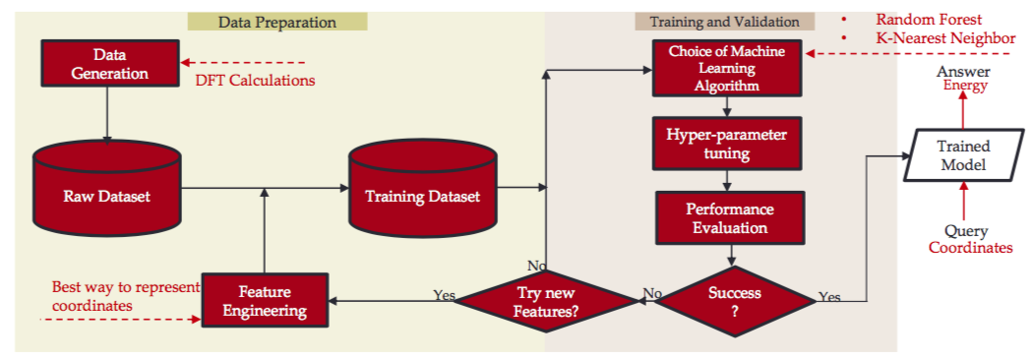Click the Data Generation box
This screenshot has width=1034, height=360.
point(109,62)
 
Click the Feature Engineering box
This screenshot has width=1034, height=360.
point(265,300)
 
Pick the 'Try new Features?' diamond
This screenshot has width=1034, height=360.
point(547,300)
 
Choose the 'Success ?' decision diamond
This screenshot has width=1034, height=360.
point(734,300)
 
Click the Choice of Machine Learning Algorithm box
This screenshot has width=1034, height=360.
point(727,69)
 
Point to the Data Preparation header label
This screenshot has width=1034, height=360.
point(277,22)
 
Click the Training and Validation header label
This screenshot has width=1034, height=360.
point(724,22)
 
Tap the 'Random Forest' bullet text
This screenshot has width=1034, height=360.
point(929,20)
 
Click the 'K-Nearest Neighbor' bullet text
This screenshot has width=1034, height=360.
point(945,37)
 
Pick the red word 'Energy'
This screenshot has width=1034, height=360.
point(964,86)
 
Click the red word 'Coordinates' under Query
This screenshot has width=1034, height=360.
point(970,248)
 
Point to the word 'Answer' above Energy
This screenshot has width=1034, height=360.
point(963,72)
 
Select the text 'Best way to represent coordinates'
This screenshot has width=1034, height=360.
point(124,296)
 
